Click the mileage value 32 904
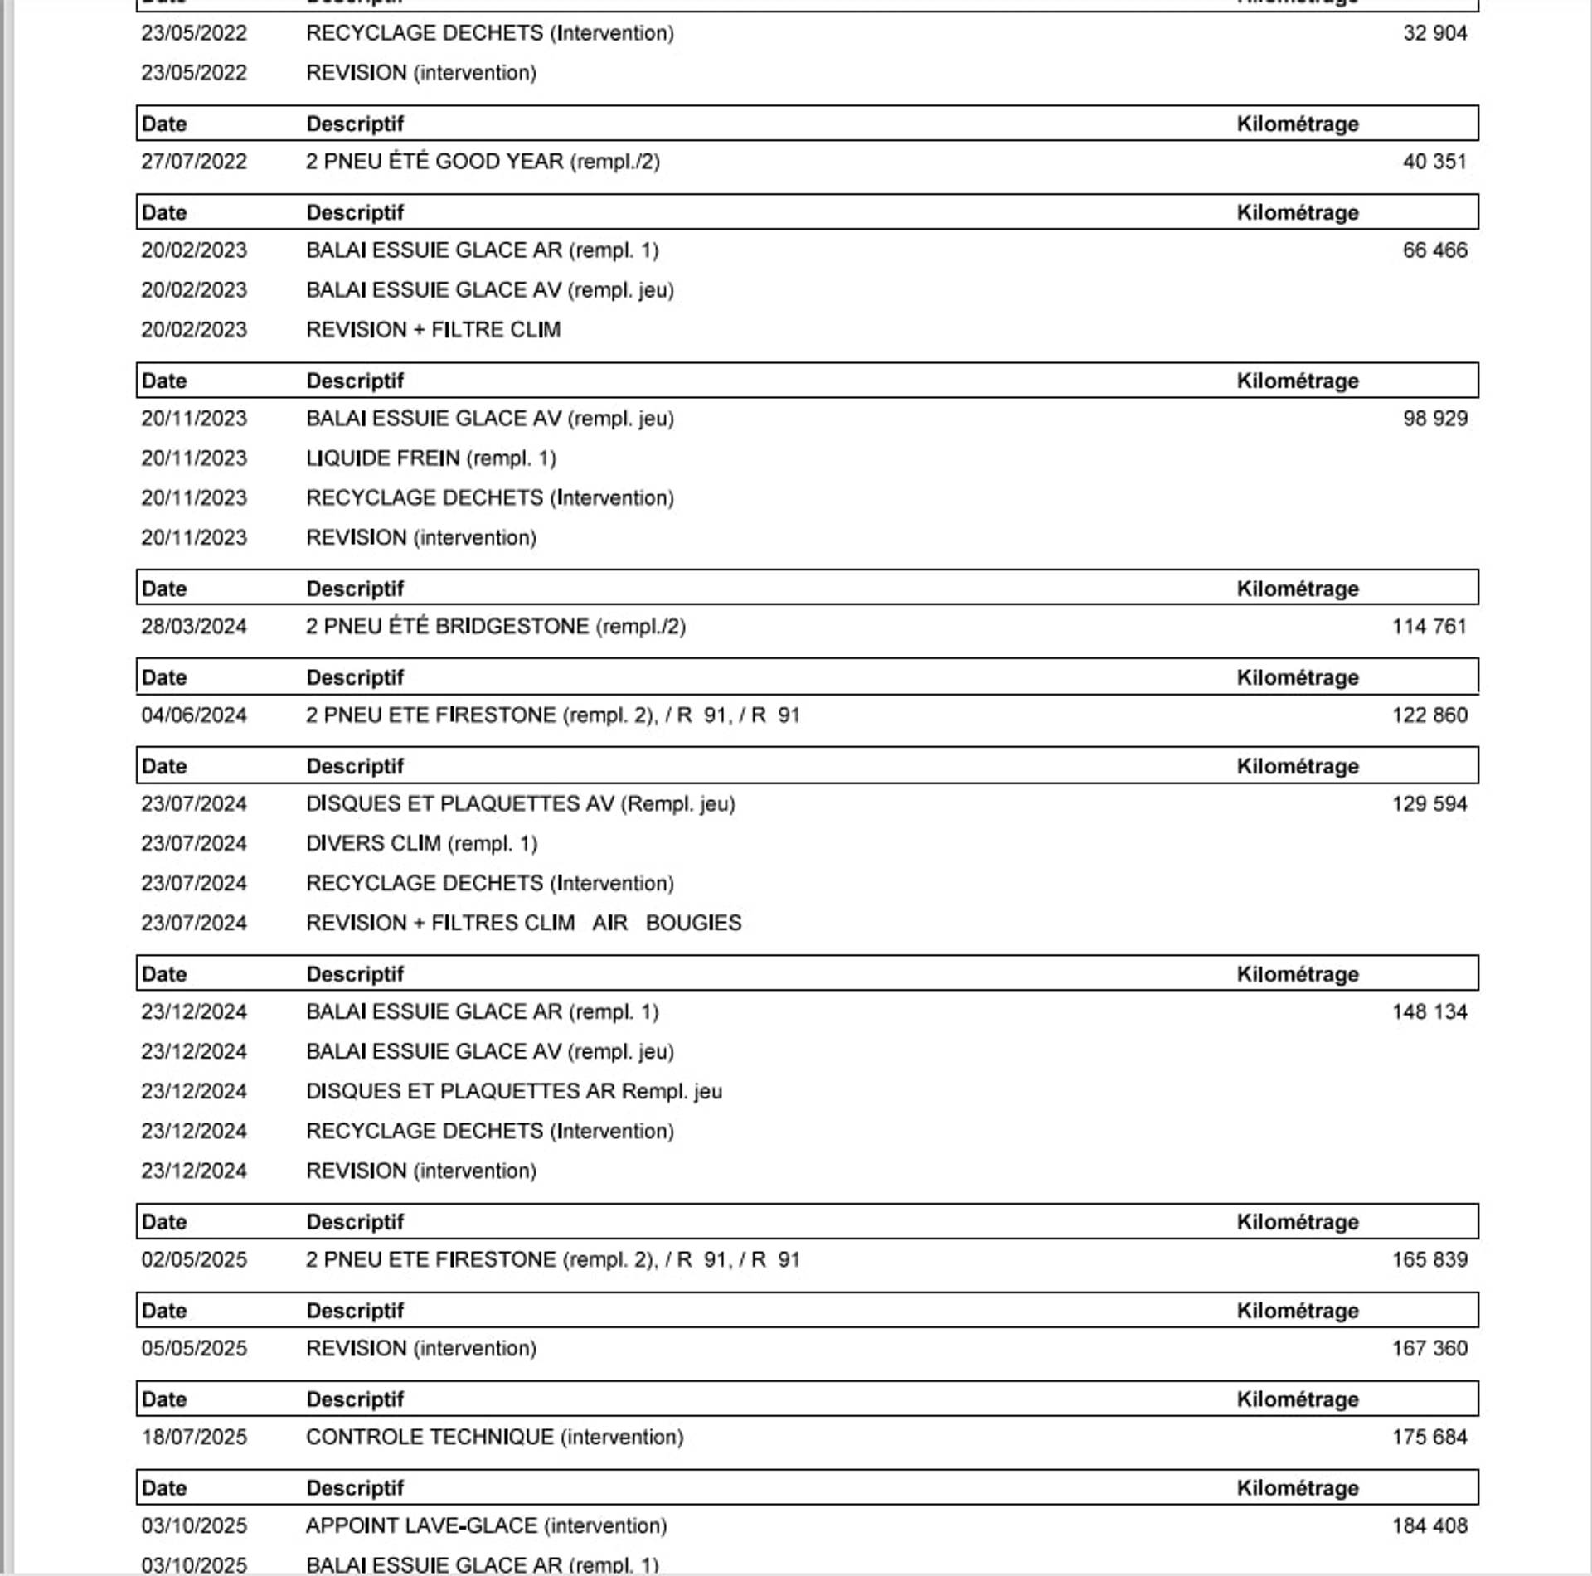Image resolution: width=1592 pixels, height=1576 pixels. point(1434,33)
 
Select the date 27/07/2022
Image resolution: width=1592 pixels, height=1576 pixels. point(194,162)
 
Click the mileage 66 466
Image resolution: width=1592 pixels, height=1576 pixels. point(1434,250)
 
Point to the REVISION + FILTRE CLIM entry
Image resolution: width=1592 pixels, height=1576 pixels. point(433,330)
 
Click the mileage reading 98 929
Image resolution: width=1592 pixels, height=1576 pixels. point(1434,419)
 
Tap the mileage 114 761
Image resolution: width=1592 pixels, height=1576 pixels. point(1429,627)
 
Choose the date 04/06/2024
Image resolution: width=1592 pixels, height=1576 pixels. point(194,715)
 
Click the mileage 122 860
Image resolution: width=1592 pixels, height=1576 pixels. point(1429,715)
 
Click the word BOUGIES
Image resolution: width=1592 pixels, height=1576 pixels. point(693,924)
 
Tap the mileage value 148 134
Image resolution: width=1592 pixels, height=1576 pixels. point(1429,1012)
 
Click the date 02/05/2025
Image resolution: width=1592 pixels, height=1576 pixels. point(194,1260)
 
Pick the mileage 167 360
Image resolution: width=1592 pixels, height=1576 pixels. point(1429,1349)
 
